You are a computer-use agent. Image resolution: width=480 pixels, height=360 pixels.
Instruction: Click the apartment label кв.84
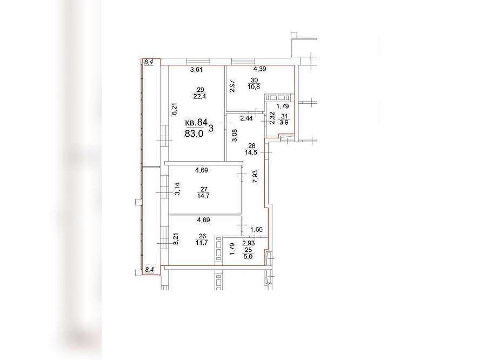coord(196,123)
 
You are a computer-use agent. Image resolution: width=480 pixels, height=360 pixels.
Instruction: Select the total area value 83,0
coord(195,134)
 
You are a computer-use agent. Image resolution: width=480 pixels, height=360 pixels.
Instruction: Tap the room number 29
coord(201,90)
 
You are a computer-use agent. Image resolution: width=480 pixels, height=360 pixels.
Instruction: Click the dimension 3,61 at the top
coord(197,70)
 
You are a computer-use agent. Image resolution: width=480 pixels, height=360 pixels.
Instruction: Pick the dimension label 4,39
coord(259,69)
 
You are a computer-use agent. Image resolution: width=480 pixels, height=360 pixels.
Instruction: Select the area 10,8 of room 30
coord(254,86)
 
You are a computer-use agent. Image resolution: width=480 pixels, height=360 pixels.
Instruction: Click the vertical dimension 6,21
coord(175,109)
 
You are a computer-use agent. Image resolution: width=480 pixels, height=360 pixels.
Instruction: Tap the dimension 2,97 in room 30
coord(232,86)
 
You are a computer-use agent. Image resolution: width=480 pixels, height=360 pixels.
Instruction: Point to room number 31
coord(285,116)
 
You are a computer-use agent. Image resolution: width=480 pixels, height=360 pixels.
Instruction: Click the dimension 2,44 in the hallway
coord(246,118)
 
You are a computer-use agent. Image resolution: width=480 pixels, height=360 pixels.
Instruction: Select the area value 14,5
coord(251,152)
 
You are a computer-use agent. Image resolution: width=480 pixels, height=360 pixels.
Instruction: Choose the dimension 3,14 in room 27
coord(177,189)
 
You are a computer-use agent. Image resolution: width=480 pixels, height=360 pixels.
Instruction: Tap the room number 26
coord(202,236)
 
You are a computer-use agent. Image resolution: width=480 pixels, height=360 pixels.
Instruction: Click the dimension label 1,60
coord(256,230)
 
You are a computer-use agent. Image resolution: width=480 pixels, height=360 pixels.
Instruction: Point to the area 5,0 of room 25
coord(248,257)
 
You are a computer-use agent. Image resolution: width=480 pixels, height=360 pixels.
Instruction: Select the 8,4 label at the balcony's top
coord(149,62)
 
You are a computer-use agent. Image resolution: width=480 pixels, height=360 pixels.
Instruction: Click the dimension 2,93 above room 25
coord(249,243)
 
